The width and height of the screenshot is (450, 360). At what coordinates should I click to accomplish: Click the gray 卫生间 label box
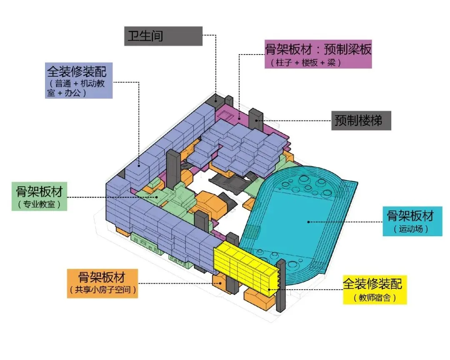[x=163, y=36]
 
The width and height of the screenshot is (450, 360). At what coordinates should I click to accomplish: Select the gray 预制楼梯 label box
[x=361, y=121]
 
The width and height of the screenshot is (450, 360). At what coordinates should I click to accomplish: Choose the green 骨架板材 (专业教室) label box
[x=39, y=196]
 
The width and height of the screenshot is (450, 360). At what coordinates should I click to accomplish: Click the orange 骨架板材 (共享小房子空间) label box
[x=102, y=283]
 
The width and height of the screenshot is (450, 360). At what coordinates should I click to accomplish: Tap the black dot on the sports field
[x=308, y=222]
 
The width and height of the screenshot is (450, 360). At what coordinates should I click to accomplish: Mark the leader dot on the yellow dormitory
[x=269, y=289]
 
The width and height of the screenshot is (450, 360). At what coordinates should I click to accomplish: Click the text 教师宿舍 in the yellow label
[x=374, y=298]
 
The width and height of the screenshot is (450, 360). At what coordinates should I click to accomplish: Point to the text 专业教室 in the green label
[x=39, y=205]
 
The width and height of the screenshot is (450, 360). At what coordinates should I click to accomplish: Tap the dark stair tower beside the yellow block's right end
[x=281, y=285]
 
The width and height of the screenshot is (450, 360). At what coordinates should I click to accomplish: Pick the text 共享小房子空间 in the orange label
[x=102, y=290]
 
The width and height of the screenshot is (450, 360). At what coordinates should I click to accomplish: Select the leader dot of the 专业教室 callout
[x=157, y=197]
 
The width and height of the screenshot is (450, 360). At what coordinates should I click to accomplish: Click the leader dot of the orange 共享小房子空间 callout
[x=220, y=283]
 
